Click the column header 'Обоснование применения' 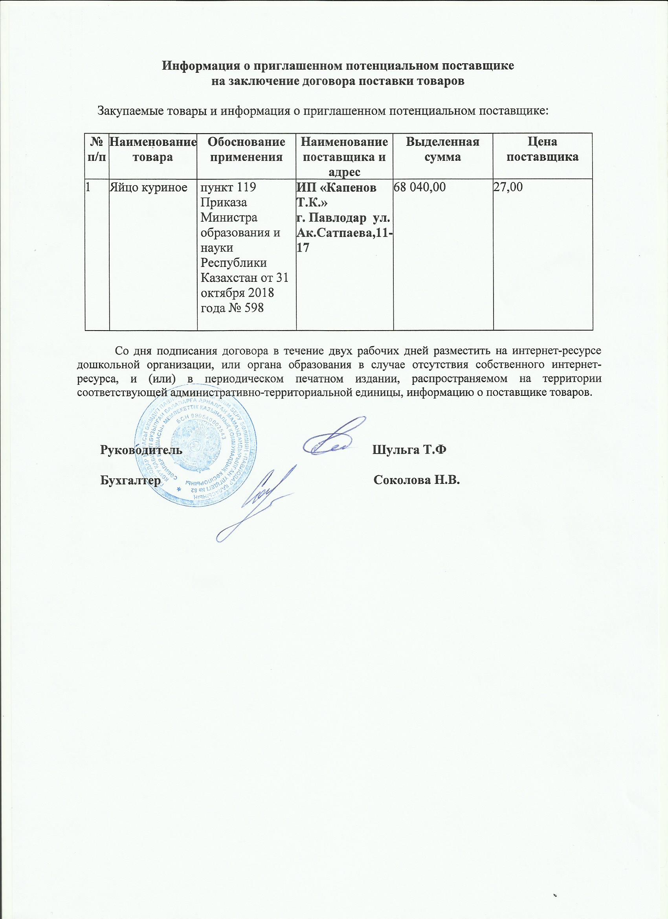click(x=246, y=149)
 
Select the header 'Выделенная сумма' click(x=443, y=149)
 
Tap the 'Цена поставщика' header click(x=543, y=149)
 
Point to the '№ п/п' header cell click(x=97, y=149)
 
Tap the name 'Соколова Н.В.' click(x=417, y=481)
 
